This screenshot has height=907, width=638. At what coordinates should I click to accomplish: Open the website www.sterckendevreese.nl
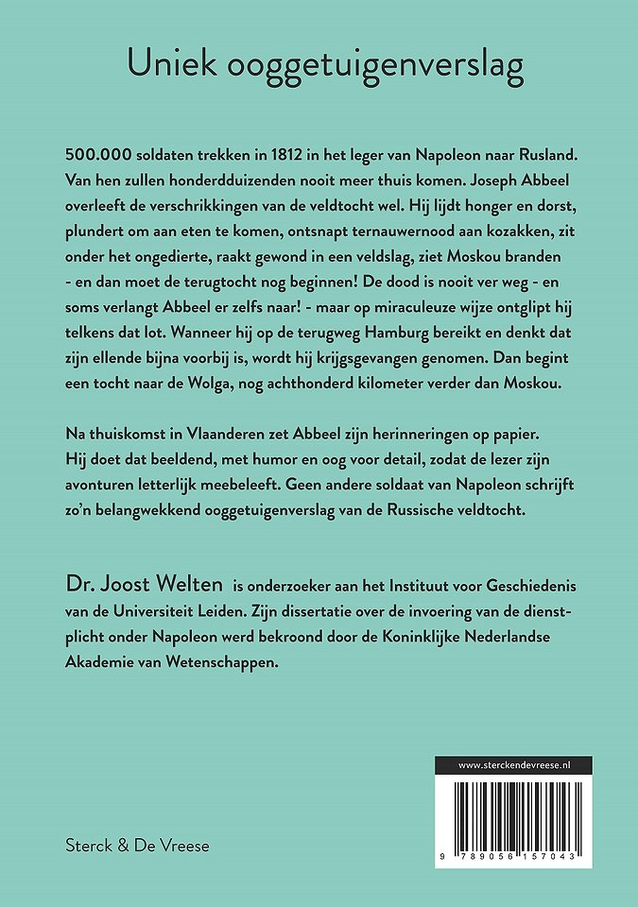(512, 765)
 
